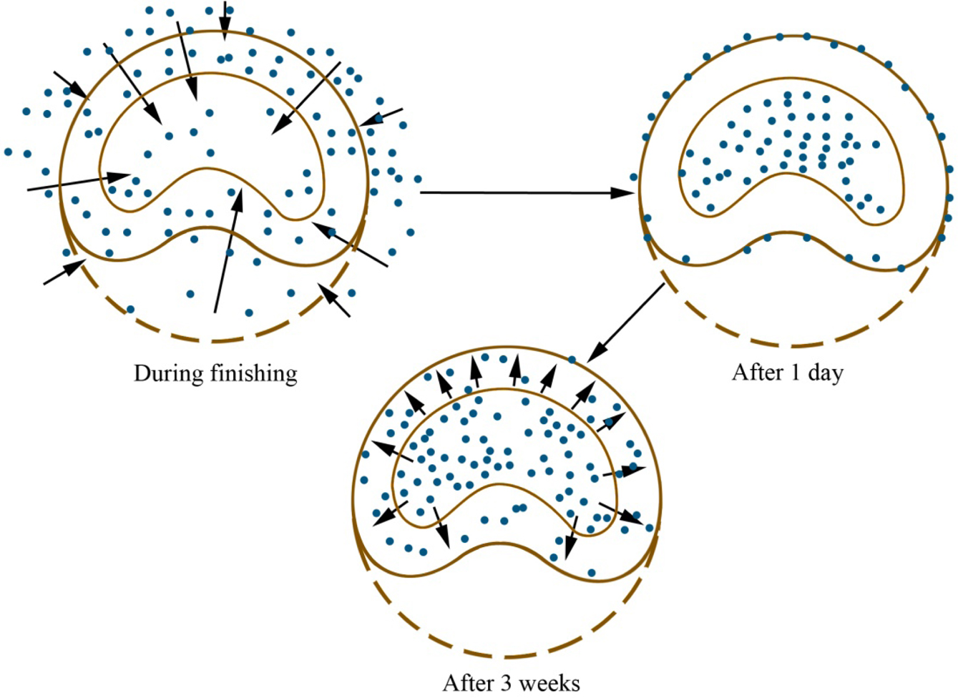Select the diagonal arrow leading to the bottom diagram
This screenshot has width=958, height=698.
click(x=626, y=322)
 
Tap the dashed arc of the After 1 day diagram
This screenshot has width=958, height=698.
click(x=787, y=345)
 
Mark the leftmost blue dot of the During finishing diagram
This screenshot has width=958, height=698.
click(x=9, y=152)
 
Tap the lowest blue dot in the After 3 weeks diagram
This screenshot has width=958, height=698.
click(x=592, y=572)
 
